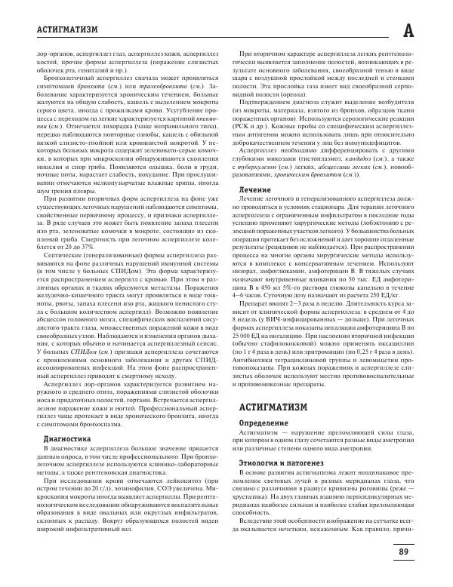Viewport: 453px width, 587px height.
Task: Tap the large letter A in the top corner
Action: point(429,30)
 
